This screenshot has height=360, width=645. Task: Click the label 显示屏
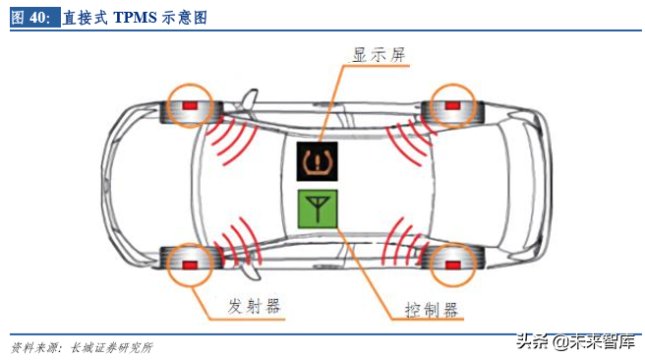tap(379, 55)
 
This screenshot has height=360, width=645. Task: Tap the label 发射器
tap(255, 306)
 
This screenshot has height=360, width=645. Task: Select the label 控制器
tap(431, 310)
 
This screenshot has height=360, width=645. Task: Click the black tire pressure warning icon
tap(318, 161)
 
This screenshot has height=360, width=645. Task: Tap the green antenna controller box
tap(318, 209)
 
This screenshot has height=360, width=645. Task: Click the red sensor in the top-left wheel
tap(190, 105)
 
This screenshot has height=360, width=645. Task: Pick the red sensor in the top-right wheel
tap(452, 105)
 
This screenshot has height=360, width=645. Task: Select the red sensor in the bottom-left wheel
tap(190, 265)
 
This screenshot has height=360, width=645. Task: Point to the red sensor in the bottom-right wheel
tap(452, 265)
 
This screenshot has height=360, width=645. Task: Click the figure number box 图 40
tap(35, 18)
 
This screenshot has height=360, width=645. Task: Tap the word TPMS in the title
tap(135, 18)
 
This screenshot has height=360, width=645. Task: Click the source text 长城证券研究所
tap(111, 347)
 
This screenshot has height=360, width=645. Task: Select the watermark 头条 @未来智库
tap(576, 341)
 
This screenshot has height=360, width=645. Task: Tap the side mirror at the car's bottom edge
tap(250, 271)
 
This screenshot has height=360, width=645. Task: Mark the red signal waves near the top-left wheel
tap(231, 140)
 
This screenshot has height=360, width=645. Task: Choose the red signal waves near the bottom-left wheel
tap(238, 243)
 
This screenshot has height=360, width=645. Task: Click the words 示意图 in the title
tap(184, 18)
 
